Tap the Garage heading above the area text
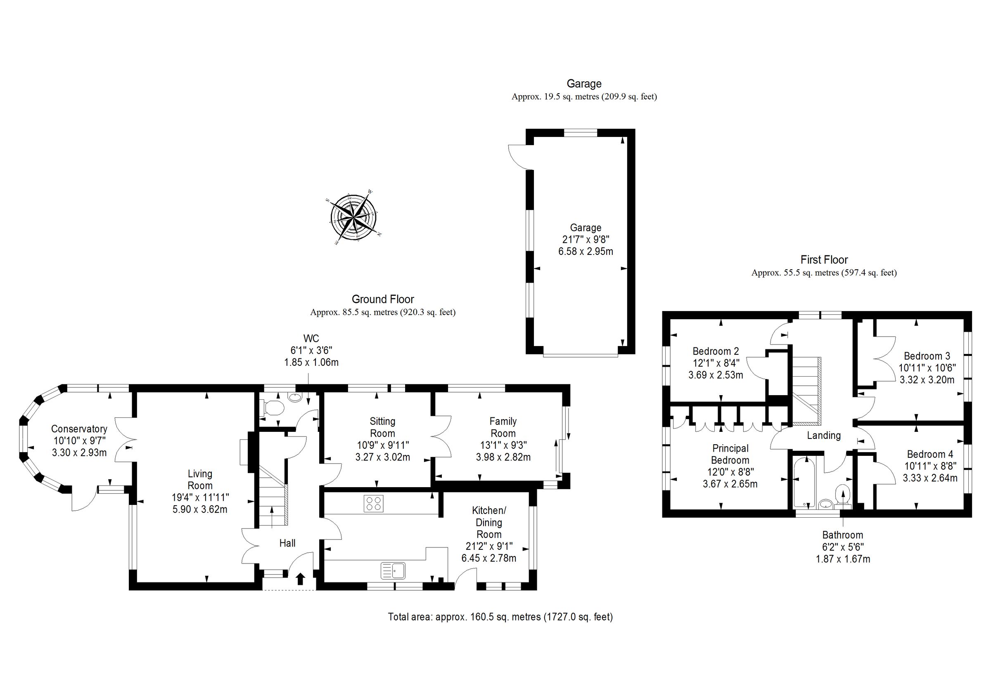tap(583, 84)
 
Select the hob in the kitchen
tap(373, 503)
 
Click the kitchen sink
tap(393, 570)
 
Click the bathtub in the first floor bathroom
tap(804, 483)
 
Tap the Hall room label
tap(287, 543)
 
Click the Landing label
tap(823, 436)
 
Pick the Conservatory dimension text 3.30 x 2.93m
tap(79, 453)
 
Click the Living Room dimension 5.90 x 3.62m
tap(200, 509)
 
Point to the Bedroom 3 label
tap(927, 356)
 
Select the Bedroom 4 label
tap(930, 454)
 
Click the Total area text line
tap(500, 617)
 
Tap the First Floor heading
tap(823, 259)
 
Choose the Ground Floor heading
tap(382, 299)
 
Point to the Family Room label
tap(503, 427)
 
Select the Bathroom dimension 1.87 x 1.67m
tap(842, 559)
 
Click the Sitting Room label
tap(382, 427)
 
